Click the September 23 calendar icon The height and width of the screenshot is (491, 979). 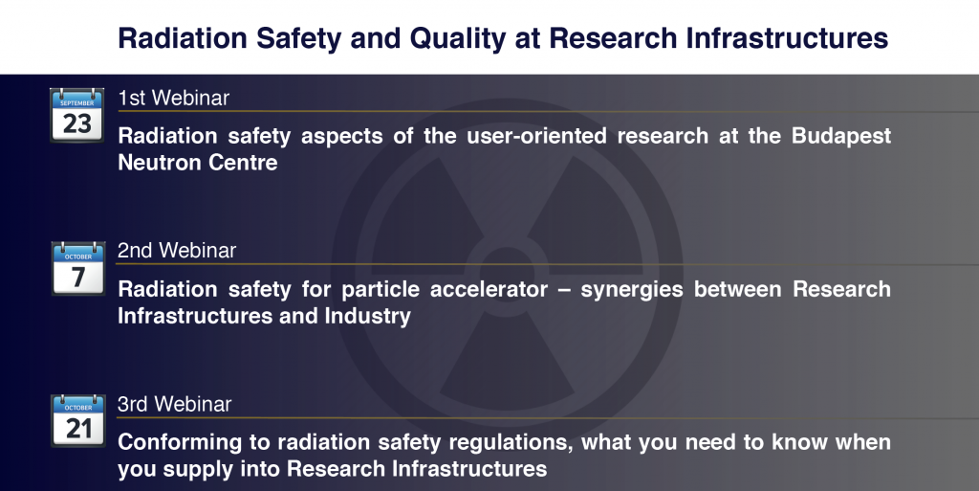click(x=76, y=116)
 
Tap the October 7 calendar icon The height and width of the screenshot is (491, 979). click(x=78, y=269)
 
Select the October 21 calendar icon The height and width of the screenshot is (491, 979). click(x=78, y=420)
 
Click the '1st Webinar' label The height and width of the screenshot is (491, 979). click(x=174, y=98)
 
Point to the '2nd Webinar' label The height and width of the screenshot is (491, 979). click(x=177, y=251)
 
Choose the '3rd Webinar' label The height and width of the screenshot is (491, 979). click(x=174, y=404)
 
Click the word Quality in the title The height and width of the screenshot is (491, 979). click(x=457, y=38)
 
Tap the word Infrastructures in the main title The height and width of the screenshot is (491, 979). click(x=787, y=38)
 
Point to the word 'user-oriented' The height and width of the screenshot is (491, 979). click(x=536, y=136)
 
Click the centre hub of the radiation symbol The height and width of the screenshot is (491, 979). click(x=505, y=263)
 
